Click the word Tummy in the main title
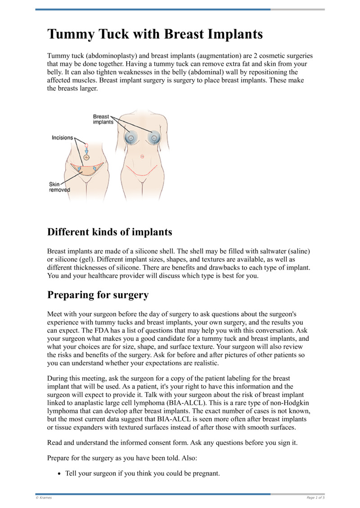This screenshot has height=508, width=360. (x=68, y=35)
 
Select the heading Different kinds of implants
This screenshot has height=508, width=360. (x=109, y=232)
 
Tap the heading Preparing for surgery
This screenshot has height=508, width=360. (x=98, y=295)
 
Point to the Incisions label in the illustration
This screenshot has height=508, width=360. (x=63, y=138)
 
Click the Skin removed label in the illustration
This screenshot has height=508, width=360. (x=59, y=187)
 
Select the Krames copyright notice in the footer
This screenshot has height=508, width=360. (x=44, y=498)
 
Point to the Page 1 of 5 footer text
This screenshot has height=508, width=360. (x=315, y=498)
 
